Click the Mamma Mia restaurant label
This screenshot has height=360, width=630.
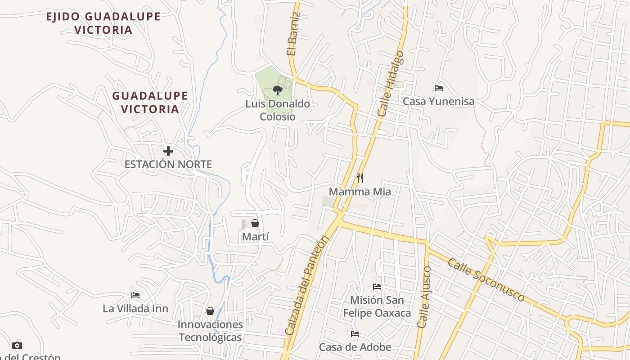coord(360,192)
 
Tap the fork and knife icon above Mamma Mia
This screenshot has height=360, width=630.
coord(360,178)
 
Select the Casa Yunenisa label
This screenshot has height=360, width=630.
coord(438,101)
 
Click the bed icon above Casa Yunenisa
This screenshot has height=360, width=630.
coord(439,88)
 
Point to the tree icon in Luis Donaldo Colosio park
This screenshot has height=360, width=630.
coord(277,90)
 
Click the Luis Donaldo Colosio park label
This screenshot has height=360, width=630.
coord(277,110)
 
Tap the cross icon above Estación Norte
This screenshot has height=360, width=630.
coord(168,151)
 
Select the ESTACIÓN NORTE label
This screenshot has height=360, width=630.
coord(168,164)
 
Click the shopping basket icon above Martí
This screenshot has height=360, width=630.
coord(255,223)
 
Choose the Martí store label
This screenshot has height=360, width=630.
coord(255,236)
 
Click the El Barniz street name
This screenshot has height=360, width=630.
coord(293,35)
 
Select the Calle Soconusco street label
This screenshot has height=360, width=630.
coord(486,280)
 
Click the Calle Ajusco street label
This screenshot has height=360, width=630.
coord(424,297)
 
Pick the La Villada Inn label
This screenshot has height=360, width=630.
coord(135,309)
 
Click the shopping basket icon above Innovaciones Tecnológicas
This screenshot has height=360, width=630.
coord(210,311)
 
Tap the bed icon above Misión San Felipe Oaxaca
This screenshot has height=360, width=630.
coord(377,287)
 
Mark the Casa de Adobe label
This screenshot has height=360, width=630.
coord(355,347)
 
